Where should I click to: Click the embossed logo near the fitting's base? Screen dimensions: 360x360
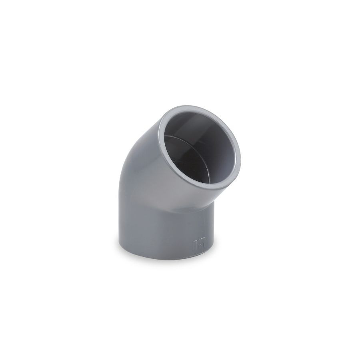(x=198, y=244)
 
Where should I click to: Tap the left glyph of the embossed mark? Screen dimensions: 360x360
(x=196, y=244)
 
